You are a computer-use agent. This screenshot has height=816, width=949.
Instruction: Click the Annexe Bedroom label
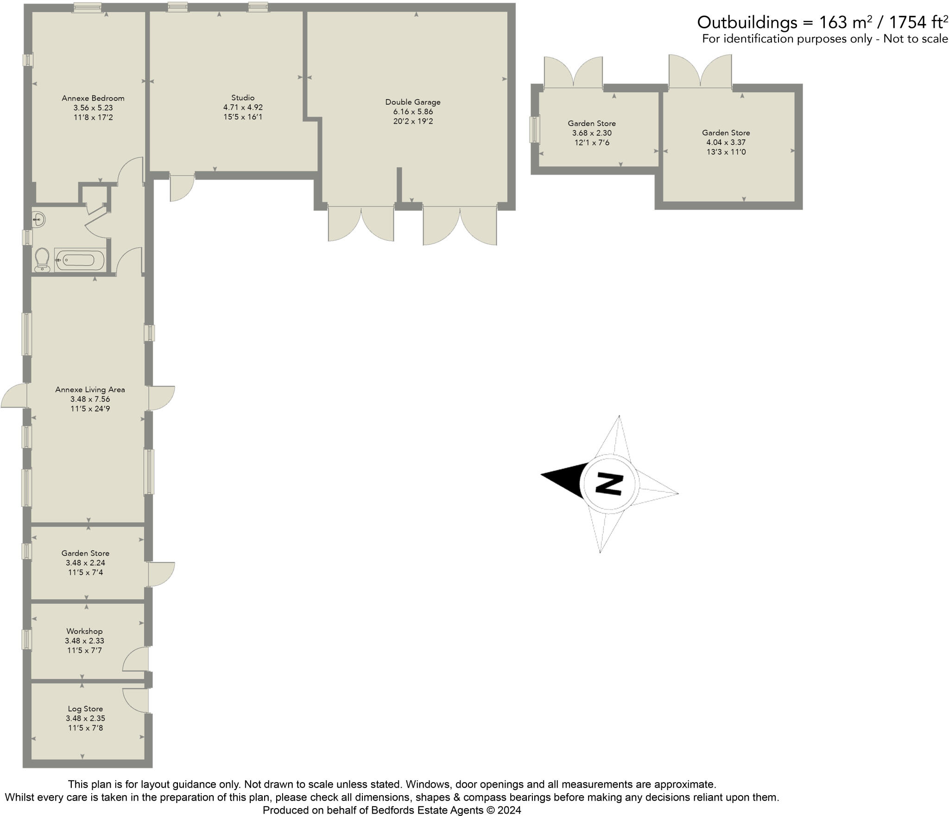93,98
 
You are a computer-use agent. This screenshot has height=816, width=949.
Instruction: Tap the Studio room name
243,98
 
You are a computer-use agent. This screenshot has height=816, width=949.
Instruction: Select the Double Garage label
412,102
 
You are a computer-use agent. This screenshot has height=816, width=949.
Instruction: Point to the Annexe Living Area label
90,389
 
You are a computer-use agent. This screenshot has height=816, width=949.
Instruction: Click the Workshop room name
84,631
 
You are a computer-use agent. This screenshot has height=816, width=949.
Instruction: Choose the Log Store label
85,709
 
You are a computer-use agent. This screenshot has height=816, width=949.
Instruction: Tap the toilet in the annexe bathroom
42,259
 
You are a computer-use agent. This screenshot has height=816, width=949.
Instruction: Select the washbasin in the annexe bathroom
39,219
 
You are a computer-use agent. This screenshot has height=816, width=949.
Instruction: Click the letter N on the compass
609,483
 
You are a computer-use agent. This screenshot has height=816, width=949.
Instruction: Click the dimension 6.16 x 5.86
413,112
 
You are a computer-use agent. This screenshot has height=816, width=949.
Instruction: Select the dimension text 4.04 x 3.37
726,143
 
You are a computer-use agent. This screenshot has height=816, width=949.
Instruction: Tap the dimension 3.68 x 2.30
592,133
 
